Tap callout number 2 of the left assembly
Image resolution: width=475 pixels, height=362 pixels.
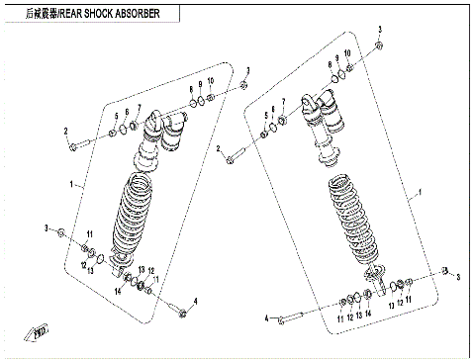click(x=66, y=132)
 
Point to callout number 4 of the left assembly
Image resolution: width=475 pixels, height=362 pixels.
click(x=196, y=301)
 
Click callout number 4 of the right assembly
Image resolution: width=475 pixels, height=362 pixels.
click(x=267, y=317)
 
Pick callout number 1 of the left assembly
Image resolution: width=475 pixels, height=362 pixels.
click(x=72, y=184)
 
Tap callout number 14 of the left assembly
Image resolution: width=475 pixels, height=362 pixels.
click(x=116, y=291)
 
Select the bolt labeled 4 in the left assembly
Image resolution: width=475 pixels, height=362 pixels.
click(x=182, y=312)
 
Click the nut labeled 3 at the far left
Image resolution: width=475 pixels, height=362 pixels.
click(x=62, y=232)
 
